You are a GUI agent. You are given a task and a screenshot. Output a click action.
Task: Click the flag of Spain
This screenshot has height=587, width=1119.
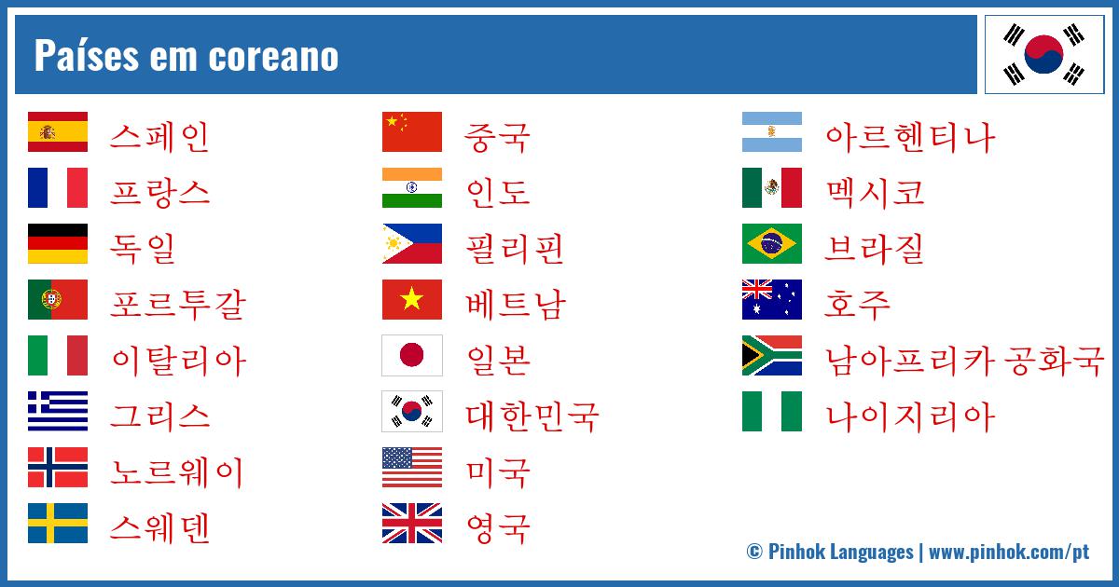coord(58,132)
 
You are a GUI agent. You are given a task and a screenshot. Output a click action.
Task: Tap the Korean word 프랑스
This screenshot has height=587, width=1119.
coord(159,192)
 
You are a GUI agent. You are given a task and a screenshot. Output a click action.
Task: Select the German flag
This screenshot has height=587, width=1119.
coord(58,244)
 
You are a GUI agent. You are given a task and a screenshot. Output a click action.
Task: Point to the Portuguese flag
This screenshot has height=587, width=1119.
coord(58,300)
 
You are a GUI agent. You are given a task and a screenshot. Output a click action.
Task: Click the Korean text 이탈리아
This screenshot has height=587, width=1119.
coord(177,360)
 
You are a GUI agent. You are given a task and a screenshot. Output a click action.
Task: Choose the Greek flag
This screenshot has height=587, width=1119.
coord(58,411)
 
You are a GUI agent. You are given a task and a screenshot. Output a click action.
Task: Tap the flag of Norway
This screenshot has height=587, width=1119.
coord(58,468)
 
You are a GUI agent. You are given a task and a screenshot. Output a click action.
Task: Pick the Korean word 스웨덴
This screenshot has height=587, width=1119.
coord(159,527)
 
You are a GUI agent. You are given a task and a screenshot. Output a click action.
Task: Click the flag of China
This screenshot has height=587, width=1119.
coord(411,132)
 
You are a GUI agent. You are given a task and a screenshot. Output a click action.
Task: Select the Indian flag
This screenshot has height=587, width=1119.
coord(411,188)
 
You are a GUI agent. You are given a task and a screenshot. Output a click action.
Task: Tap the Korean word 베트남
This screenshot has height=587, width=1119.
coord(515,304)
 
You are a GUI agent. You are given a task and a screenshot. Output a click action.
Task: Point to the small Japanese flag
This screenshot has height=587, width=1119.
coord(411,356)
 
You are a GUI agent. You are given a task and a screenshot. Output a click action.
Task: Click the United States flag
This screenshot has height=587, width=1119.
coord(411,468)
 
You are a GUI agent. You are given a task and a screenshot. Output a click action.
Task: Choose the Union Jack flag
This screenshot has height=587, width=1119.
coord(411,524)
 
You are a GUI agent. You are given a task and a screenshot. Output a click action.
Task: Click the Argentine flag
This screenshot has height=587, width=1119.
coord(771,132)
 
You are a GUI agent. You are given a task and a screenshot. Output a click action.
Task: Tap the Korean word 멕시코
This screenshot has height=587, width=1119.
coord(874,192)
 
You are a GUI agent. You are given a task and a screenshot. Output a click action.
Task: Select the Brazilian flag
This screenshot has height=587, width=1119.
coord(771,244)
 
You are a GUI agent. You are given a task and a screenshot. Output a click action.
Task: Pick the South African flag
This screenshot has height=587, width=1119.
coord(771,356)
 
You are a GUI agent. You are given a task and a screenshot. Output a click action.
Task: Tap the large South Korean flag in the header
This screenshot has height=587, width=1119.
coord(1044,54)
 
